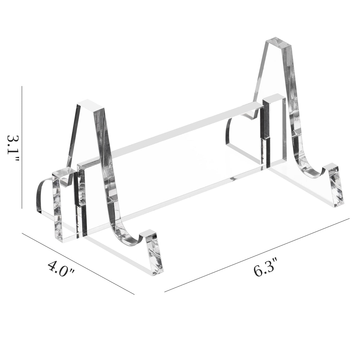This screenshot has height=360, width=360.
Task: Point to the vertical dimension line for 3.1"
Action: click(22, 147)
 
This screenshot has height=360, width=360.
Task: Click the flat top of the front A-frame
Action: click(91, 105)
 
